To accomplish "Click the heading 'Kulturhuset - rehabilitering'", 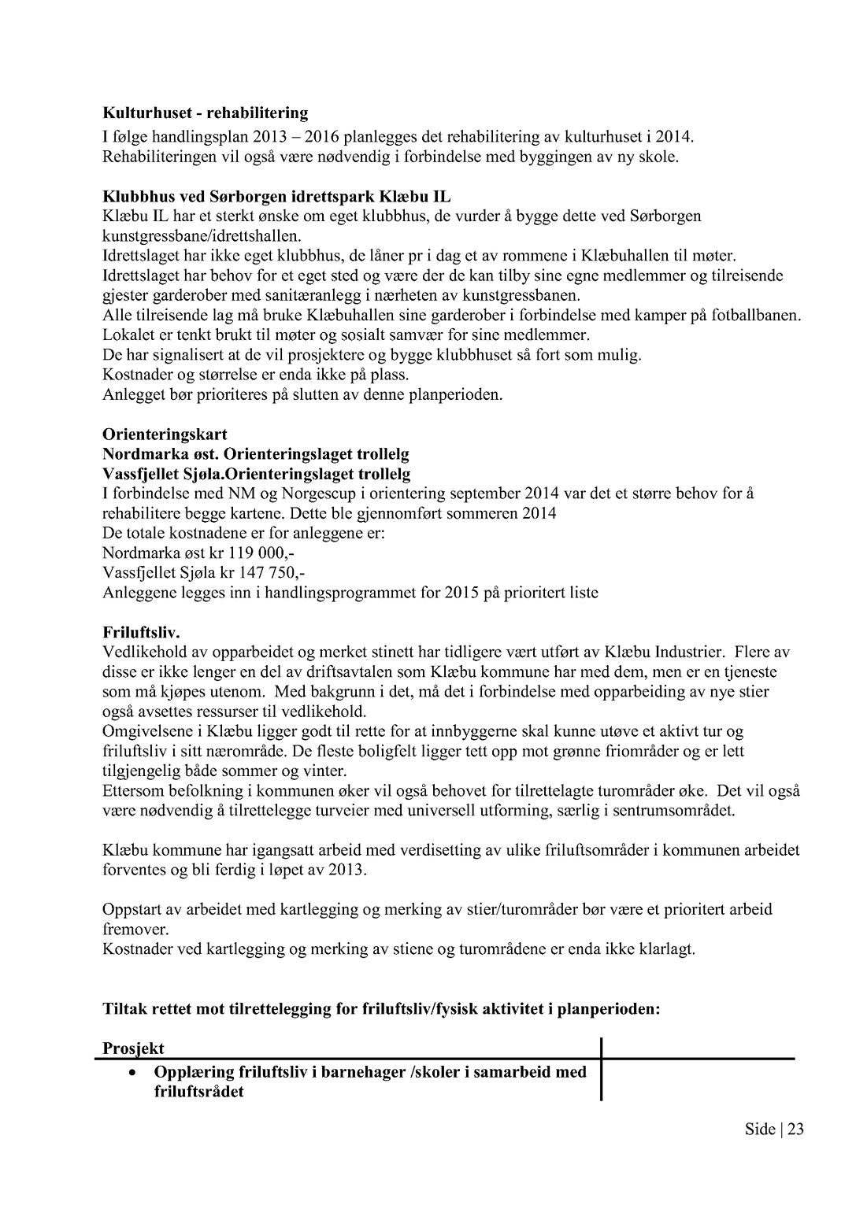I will click(x=205, y=113).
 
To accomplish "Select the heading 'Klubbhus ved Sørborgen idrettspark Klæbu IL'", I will click(x=276, y=196).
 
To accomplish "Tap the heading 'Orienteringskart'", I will click(x=165, y=434).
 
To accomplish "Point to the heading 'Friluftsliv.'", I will click(x=142, y=632).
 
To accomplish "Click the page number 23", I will click(x=795, y=1130).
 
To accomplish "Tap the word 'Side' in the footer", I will click(x=759, y=1130).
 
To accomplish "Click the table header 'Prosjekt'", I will click(x=133, y=1048).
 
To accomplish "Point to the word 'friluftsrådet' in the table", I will click(x=198, y=1092).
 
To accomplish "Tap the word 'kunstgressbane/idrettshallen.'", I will click(x=202, y=235).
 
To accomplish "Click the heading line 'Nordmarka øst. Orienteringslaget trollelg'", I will click(x=255, y=454).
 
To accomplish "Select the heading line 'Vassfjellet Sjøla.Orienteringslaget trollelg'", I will click(x=256, y=474).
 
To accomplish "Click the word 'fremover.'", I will click(x=130, y=929).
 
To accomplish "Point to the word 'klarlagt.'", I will click(x=669, y=948).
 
